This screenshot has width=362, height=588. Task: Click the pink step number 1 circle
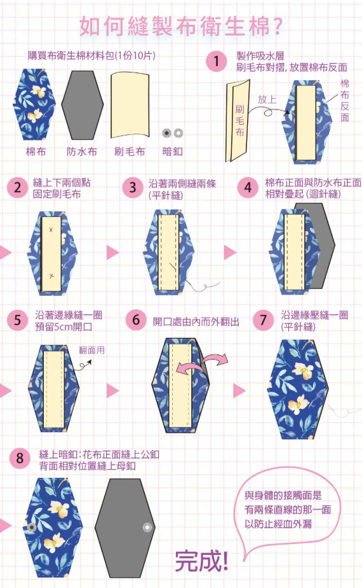217,62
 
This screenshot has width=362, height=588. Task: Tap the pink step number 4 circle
248,188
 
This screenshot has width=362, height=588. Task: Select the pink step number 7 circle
263,321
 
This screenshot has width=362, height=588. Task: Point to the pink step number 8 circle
20,458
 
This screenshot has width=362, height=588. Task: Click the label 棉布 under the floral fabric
36,151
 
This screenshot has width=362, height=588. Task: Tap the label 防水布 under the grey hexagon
82,151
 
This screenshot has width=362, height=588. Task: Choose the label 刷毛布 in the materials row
130,151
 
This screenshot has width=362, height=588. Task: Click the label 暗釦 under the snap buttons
173,151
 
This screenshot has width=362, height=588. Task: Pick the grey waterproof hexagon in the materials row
83,105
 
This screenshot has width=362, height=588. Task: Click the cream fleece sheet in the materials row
130,104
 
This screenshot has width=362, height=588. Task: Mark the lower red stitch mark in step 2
51,276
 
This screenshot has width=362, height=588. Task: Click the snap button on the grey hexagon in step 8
147,528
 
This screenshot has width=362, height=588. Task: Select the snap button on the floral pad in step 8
32,528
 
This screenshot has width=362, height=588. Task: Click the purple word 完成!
201,561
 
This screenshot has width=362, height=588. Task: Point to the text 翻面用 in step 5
91,350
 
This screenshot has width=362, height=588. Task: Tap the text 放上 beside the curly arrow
267,100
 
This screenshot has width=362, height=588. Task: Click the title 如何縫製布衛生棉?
181,26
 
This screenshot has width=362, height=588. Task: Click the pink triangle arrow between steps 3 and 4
230,253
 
